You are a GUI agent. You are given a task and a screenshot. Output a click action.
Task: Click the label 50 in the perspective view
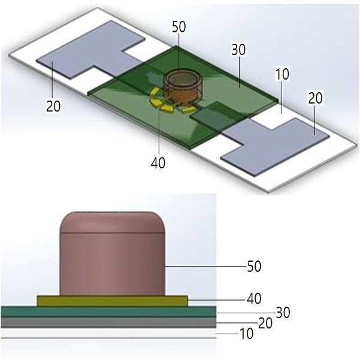coord(179,26)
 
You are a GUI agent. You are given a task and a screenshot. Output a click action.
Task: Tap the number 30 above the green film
coord(238,49)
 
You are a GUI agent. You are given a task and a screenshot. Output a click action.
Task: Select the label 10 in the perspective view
coord(282,74)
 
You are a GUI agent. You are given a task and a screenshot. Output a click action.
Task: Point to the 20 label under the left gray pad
coord(53,106)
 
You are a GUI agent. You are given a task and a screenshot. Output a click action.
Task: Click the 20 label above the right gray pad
coord(315,98)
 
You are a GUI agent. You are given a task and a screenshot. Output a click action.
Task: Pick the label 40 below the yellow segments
coord(158,163)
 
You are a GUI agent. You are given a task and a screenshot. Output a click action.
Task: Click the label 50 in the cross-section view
coord(254,267)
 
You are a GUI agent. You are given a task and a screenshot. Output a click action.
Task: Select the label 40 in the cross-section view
coord(254,299)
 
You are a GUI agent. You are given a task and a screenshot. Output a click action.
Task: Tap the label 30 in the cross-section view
coord(283,313)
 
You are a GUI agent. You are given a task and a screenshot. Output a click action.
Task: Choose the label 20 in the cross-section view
coord(265,323)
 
